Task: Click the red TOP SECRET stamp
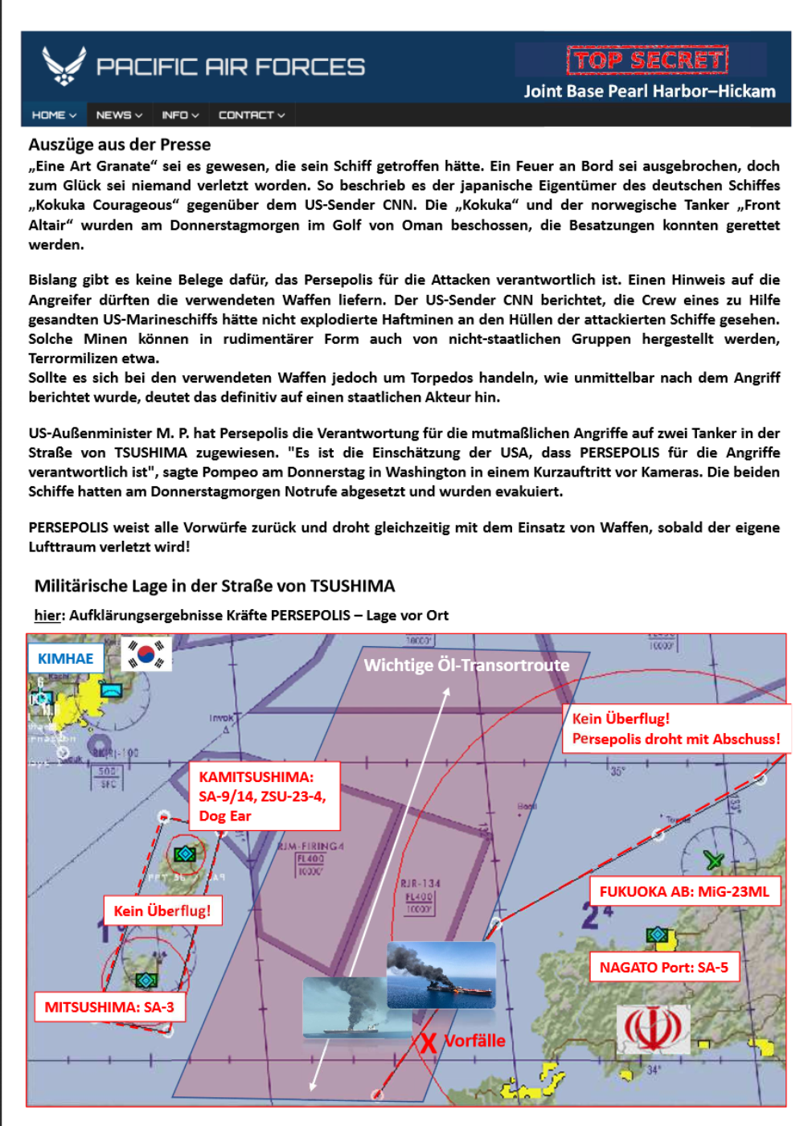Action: [647, 60]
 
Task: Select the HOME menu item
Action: [54, 115]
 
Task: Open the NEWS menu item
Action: [119, 115]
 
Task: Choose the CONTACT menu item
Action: [252, 115]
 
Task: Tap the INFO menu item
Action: [180, 115]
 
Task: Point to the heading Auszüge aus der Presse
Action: [120, 145]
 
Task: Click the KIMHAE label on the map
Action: [66, 658]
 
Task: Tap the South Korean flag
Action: [146, 654]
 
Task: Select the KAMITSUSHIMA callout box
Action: [264, 796]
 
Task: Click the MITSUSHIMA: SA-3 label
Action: [109, 1007]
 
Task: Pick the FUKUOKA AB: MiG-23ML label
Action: [685, 891]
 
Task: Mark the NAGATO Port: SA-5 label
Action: [664, 967]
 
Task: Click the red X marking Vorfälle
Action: [428, 1043]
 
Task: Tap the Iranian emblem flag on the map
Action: [653, 1029]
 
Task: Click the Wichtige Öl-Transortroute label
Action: [466, 665]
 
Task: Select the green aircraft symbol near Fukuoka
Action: [713, 860]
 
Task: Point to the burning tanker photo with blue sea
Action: [441, 975]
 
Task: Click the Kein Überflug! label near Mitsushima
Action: [162, 911]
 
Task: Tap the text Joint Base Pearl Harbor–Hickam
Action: [650, 91]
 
